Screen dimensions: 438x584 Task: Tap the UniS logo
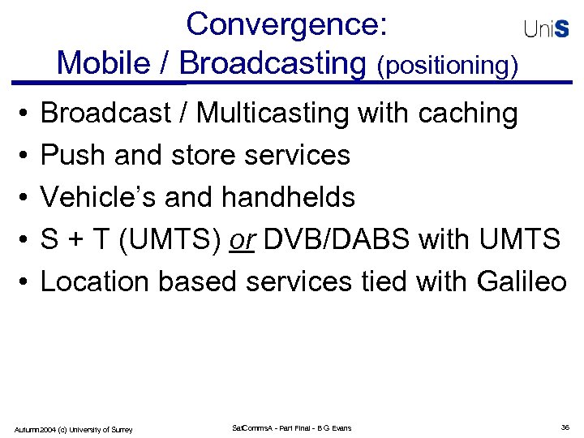(546, 29)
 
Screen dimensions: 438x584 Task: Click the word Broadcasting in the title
(273, 62)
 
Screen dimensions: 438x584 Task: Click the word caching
(468, 114)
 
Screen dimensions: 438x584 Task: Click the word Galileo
(522, 281)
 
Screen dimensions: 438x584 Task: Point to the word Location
(95, 281)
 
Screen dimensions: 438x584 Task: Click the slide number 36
(565, 427)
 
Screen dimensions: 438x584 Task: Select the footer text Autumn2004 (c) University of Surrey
(74, 429)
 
